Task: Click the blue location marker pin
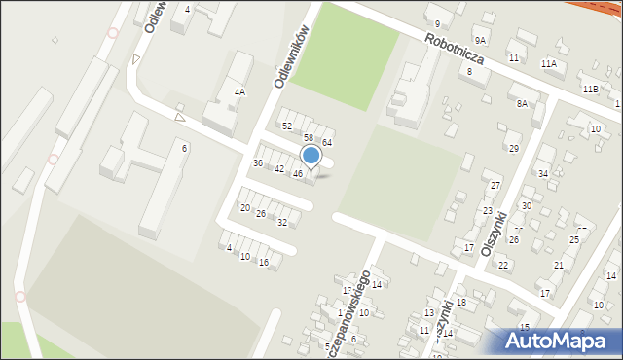(311, 157)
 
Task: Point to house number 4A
(239, 91)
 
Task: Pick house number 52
(286, 126)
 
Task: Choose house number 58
(308, 138)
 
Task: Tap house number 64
(328, 143)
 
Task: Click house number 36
(258, 162)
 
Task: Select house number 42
(279, 169)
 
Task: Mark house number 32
(282, 223)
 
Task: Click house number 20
(245, 208)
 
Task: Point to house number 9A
(480, 40)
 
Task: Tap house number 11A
(549, 64)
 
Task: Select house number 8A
(523, 103)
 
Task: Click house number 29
(514, 148)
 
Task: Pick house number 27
(495, 185)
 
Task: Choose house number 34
(543, 174)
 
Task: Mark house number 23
(488, 210)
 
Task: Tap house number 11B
(590, 89)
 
